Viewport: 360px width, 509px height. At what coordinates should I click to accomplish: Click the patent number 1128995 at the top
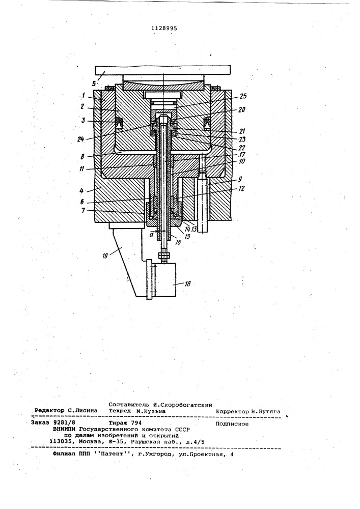164,28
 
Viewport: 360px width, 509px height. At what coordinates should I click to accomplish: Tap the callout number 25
243,96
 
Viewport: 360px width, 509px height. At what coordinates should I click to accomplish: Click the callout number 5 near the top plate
94,83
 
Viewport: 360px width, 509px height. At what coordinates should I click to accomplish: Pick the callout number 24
80,139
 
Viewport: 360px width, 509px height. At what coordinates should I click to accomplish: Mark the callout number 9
239,179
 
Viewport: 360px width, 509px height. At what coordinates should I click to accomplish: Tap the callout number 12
241,189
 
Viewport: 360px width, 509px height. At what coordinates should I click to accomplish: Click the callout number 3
83,121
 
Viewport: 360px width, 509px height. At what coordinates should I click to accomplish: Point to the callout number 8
83,156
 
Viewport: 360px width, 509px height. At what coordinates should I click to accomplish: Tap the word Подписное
232,424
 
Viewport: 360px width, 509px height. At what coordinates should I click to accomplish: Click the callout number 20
241,110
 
